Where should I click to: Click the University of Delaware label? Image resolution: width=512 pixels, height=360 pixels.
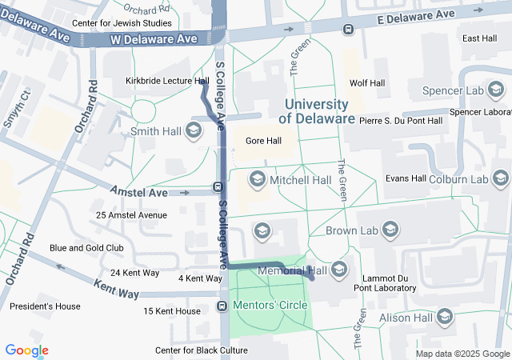(316, 112)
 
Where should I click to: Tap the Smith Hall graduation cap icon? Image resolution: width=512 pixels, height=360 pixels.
(193, 130)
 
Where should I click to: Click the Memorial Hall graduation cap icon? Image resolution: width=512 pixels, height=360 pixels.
(338, 269)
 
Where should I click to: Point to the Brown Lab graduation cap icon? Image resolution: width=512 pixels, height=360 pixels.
(390, 230)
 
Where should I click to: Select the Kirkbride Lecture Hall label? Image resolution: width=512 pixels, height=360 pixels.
(167, 81)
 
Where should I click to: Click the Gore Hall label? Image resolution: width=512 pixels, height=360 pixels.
(263, 141)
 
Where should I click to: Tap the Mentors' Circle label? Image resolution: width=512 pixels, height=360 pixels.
(267, 306)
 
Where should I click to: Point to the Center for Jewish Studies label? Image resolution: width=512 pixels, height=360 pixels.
(122, 23)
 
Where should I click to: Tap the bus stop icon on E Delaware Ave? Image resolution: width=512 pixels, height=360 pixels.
(348, 30)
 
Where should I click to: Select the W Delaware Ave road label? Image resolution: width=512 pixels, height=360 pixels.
(154, 38)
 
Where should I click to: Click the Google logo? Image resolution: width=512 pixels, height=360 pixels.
(26, 350)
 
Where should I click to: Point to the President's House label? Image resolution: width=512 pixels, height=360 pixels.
(45, 306)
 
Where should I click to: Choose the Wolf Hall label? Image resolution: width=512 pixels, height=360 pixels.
(367, 83)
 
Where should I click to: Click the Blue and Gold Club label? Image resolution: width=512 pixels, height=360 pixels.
(86, 248)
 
